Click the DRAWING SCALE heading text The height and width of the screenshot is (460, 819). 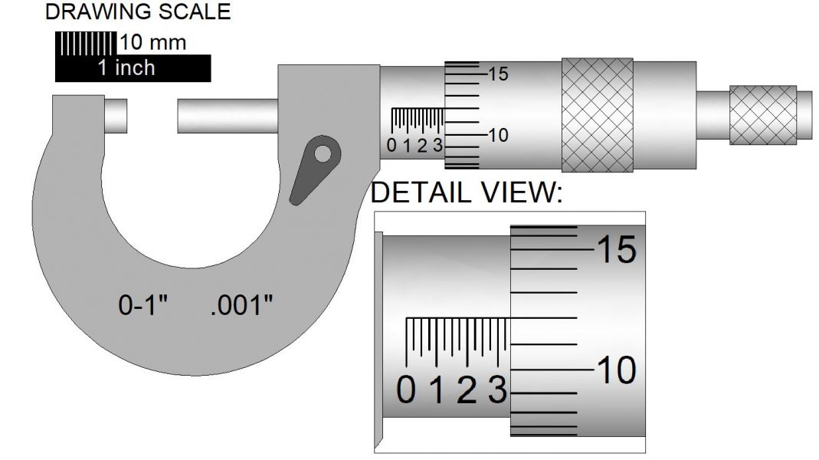(138, 11)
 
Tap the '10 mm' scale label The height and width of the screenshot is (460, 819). (152, 42)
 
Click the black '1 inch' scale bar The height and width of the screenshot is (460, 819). (126, 68)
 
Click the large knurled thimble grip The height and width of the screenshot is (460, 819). (597, 114)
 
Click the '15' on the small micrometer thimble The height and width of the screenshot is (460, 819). (498, 74)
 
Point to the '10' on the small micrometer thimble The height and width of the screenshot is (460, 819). (498, 136)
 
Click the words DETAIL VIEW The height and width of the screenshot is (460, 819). (467, 193)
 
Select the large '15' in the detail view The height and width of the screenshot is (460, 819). (615, 251)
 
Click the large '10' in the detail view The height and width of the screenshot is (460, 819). (615, 372)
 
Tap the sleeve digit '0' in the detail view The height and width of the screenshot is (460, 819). (407, 392)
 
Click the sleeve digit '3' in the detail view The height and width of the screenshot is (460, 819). (497, 392)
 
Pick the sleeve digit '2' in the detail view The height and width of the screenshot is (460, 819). (467, 392)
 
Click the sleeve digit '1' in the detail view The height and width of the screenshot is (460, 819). (437, 392)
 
